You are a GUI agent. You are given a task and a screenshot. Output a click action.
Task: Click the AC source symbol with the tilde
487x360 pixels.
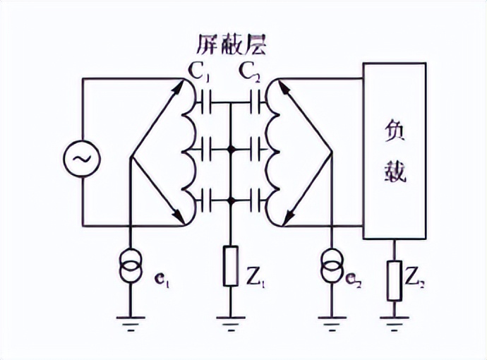(82, 160)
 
